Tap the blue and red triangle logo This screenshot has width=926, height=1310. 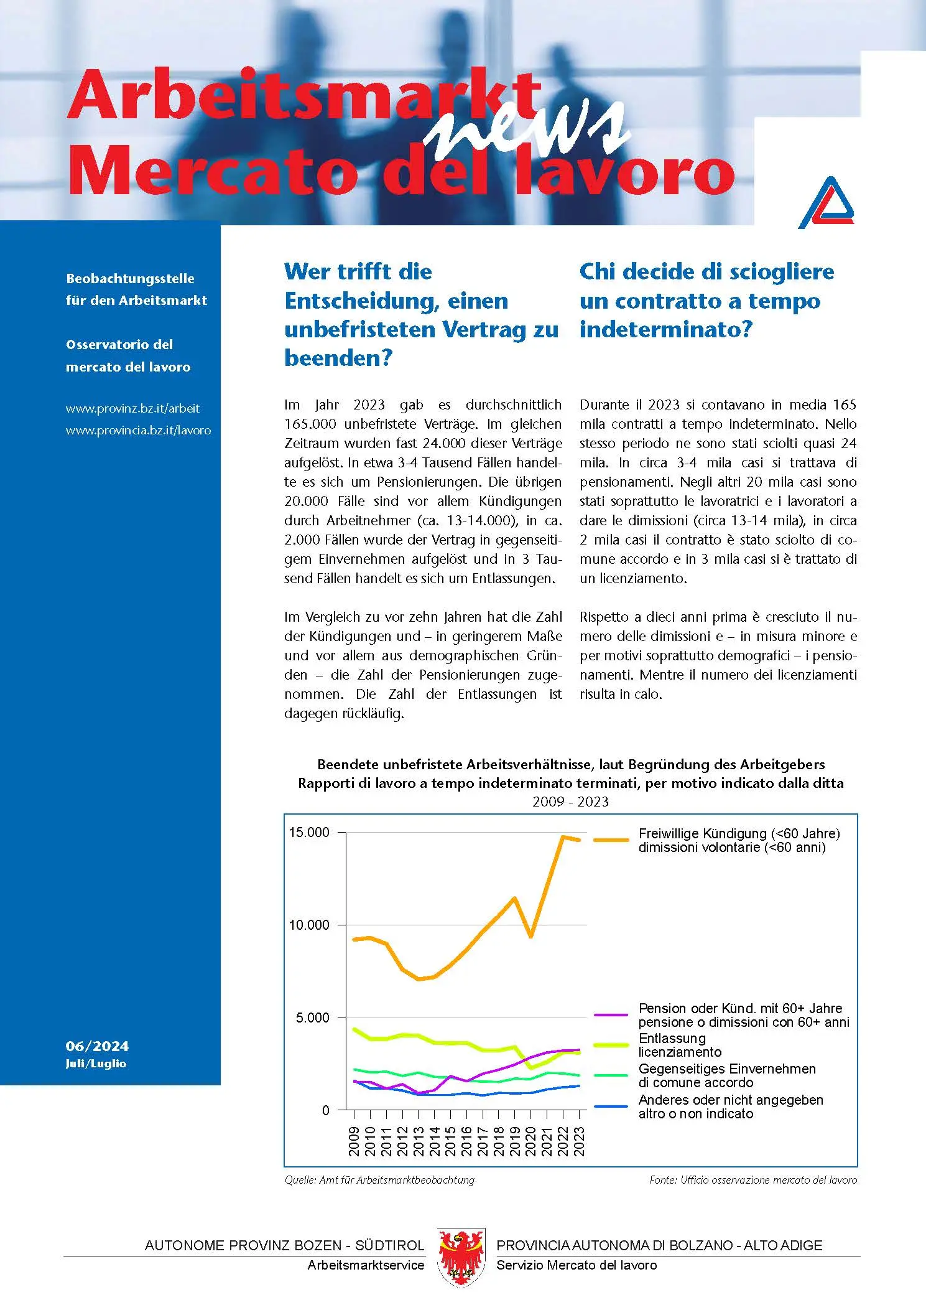[x=826, y=202]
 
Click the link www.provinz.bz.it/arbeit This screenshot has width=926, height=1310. [x=132, y=409]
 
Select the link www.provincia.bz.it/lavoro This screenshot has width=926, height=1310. [x=138, y=431]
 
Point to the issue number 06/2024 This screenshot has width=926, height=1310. [x=97, y=1046]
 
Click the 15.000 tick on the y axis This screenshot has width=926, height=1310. [x=309, y=833]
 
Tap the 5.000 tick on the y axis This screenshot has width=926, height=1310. [x=312, y=1018]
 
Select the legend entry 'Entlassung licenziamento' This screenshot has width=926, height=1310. [x=680, y=1045]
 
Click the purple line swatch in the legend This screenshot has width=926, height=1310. [x=611, y=1015]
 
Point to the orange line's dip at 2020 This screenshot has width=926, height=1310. [x=530, y=936]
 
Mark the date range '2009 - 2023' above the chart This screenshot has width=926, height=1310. [x=570, y=802]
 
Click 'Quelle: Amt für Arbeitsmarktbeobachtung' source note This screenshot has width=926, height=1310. [x=379, y=1180]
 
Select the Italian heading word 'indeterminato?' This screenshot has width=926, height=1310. [x=665, y=329]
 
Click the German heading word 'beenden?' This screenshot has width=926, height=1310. [x=338, y=358]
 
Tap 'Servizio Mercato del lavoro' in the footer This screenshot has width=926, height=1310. [x=576, y=1265]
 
